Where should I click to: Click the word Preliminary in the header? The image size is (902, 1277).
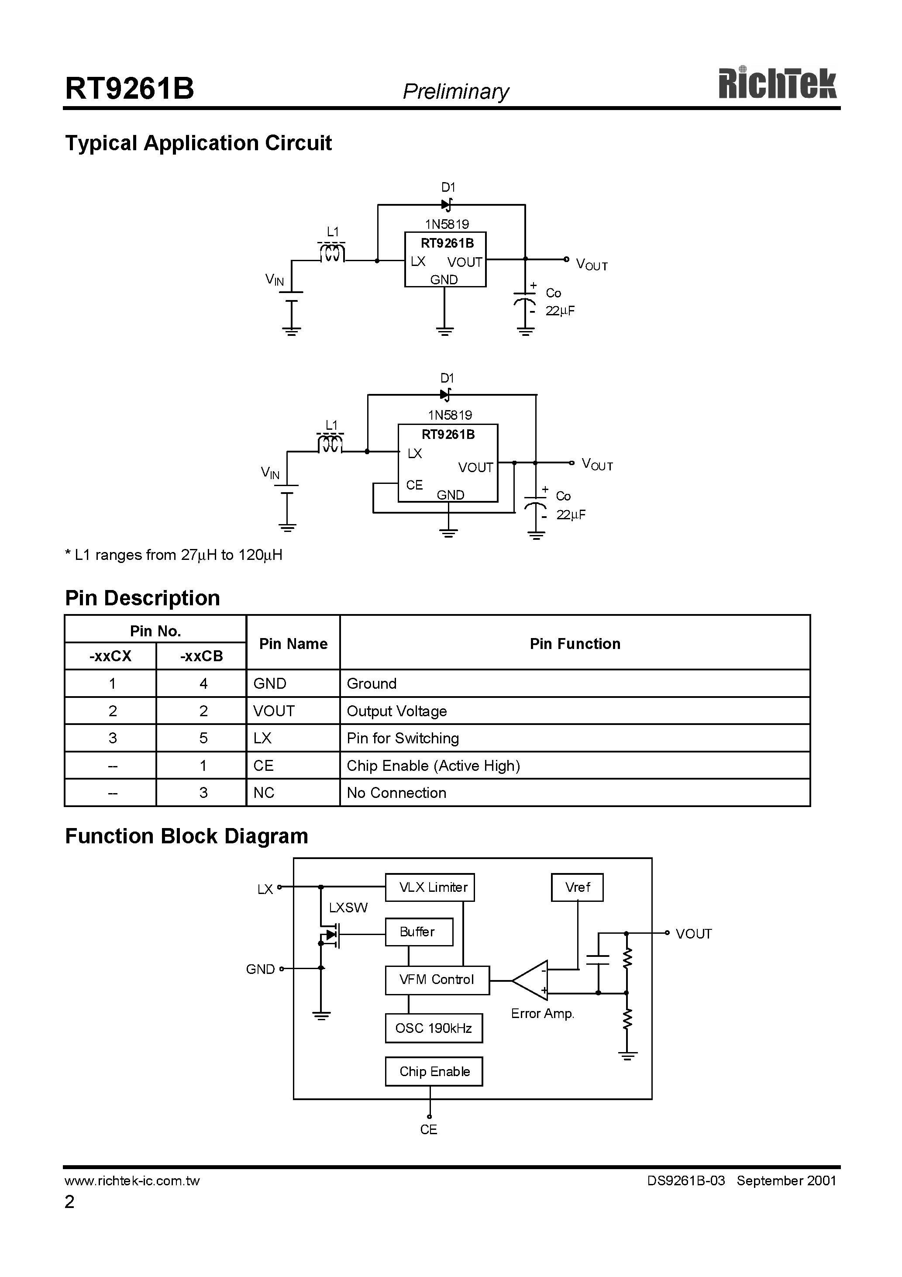pos(455,91)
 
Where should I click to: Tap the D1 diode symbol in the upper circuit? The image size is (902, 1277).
pos(447,205)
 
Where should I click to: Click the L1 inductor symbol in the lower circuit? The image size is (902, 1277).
pos(331,445)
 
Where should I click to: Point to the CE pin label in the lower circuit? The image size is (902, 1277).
pos(414,485)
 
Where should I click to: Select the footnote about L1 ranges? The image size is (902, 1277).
pos(173,555)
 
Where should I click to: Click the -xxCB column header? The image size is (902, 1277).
pos(201,656)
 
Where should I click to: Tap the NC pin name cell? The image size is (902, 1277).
pos(264,793)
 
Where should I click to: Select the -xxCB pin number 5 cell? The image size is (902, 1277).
pos(203,738)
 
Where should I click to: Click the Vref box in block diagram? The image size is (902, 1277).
pos(577,887)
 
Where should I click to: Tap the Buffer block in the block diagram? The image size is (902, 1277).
pos(418,932)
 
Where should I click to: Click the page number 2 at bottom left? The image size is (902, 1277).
pos(69,1202)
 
